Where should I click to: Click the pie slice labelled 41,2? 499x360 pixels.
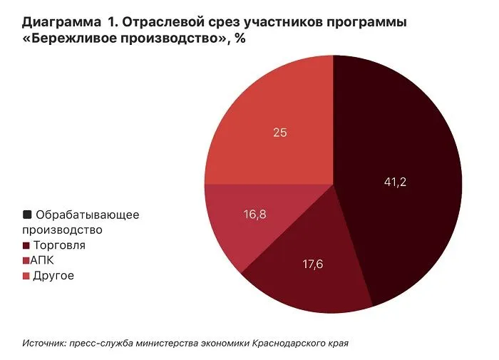point(399,164)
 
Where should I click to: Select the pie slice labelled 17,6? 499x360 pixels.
point(307,274)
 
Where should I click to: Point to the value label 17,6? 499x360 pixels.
point(312,264)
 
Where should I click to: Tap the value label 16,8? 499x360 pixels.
point(254,214)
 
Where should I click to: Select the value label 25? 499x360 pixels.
point(280,132)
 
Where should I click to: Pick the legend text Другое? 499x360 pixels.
point(53,276)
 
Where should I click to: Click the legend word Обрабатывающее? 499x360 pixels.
point(87,214)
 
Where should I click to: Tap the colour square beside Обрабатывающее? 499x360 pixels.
point(27,214)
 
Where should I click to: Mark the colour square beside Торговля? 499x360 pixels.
point(27,245)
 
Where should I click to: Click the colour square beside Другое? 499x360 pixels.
point(27,276)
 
